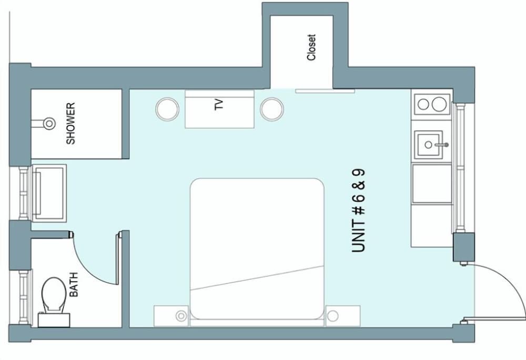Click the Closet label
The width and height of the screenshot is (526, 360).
click(311, 47)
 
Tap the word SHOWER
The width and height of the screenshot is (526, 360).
click(70, 124)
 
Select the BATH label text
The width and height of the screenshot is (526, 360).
click(74, 285)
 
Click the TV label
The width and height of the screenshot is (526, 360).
click(219, 105)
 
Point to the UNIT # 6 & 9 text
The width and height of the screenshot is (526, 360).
click(358, 211)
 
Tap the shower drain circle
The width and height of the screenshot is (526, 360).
click(49, 124)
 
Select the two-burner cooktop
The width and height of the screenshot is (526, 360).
click(432, 104)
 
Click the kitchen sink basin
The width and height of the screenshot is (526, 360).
click(428, 145)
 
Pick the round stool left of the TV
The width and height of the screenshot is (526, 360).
click(167, 109)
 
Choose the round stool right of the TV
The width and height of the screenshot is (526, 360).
click(272, 109)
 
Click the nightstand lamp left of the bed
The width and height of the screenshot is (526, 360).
click(181, 316)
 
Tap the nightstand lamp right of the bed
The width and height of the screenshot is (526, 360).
click(333, 316)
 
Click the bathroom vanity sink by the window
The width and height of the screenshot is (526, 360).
click(49, 193)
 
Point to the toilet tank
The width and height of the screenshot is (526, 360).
click(54, 320)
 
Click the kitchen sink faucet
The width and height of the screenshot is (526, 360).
click(442, 145)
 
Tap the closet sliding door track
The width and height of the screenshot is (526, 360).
click(325, 91)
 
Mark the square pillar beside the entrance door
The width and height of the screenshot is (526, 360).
click(463, 247)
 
